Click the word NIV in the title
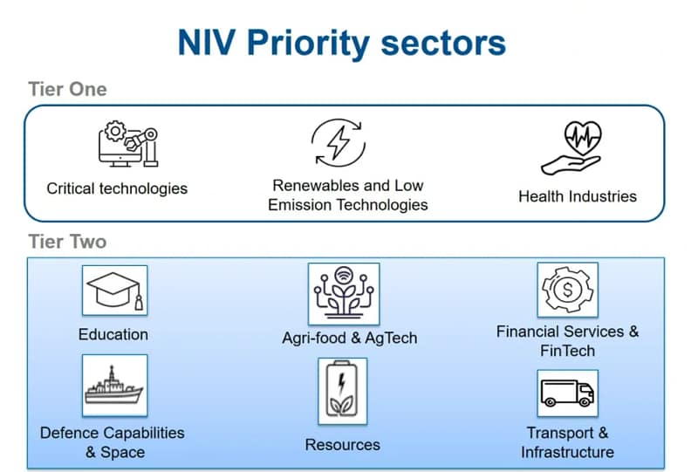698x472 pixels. tap(207, 43)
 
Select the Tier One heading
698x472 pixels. tap(68, 89)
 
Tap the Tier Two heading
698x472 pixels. tap(68, 242)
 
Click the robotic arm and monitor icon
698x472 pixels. tap(128, 143)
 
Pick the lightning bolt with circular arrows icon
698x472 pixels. tap(339, 143)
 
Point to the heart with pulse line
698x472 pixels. tap(583, 137)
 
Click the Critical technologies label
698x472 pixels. tap(117, 188)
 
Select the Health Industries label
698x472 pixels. tap(578, 196)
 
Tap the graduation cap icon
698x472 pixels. tap(115, 291)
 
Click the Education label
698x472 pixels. tap(113, 334)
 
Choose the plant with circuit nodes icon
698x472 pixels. tap(344, 292)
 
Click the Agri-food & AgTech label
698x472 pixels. tap(350, 338)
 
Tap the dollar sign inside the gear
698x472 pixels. tap(568, 290)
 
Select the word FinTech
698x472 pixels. tap(568, 351)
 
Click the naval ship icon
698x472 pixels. tap(114, 385)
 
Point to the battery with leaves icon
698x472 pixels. tap(342, 391)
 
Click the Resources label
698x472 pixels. tap(342, 445)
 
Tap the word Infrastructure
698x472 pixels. tap(568, 453)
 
